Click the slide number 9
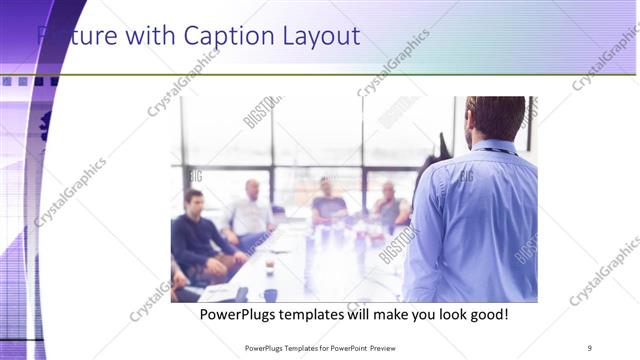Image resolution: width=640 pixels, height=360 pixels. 590,348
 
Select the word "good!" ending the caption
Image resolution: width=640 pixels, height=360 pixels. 486,314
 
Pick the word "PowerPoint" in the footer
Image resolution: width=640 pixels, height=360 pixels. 371,348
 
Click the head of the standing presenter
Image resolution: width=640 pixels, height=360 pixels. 496,117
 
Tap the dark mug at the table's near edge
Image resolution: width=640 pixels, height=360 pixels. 270,295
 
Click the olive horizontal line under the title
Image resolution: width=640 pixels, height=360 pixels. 350,74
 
